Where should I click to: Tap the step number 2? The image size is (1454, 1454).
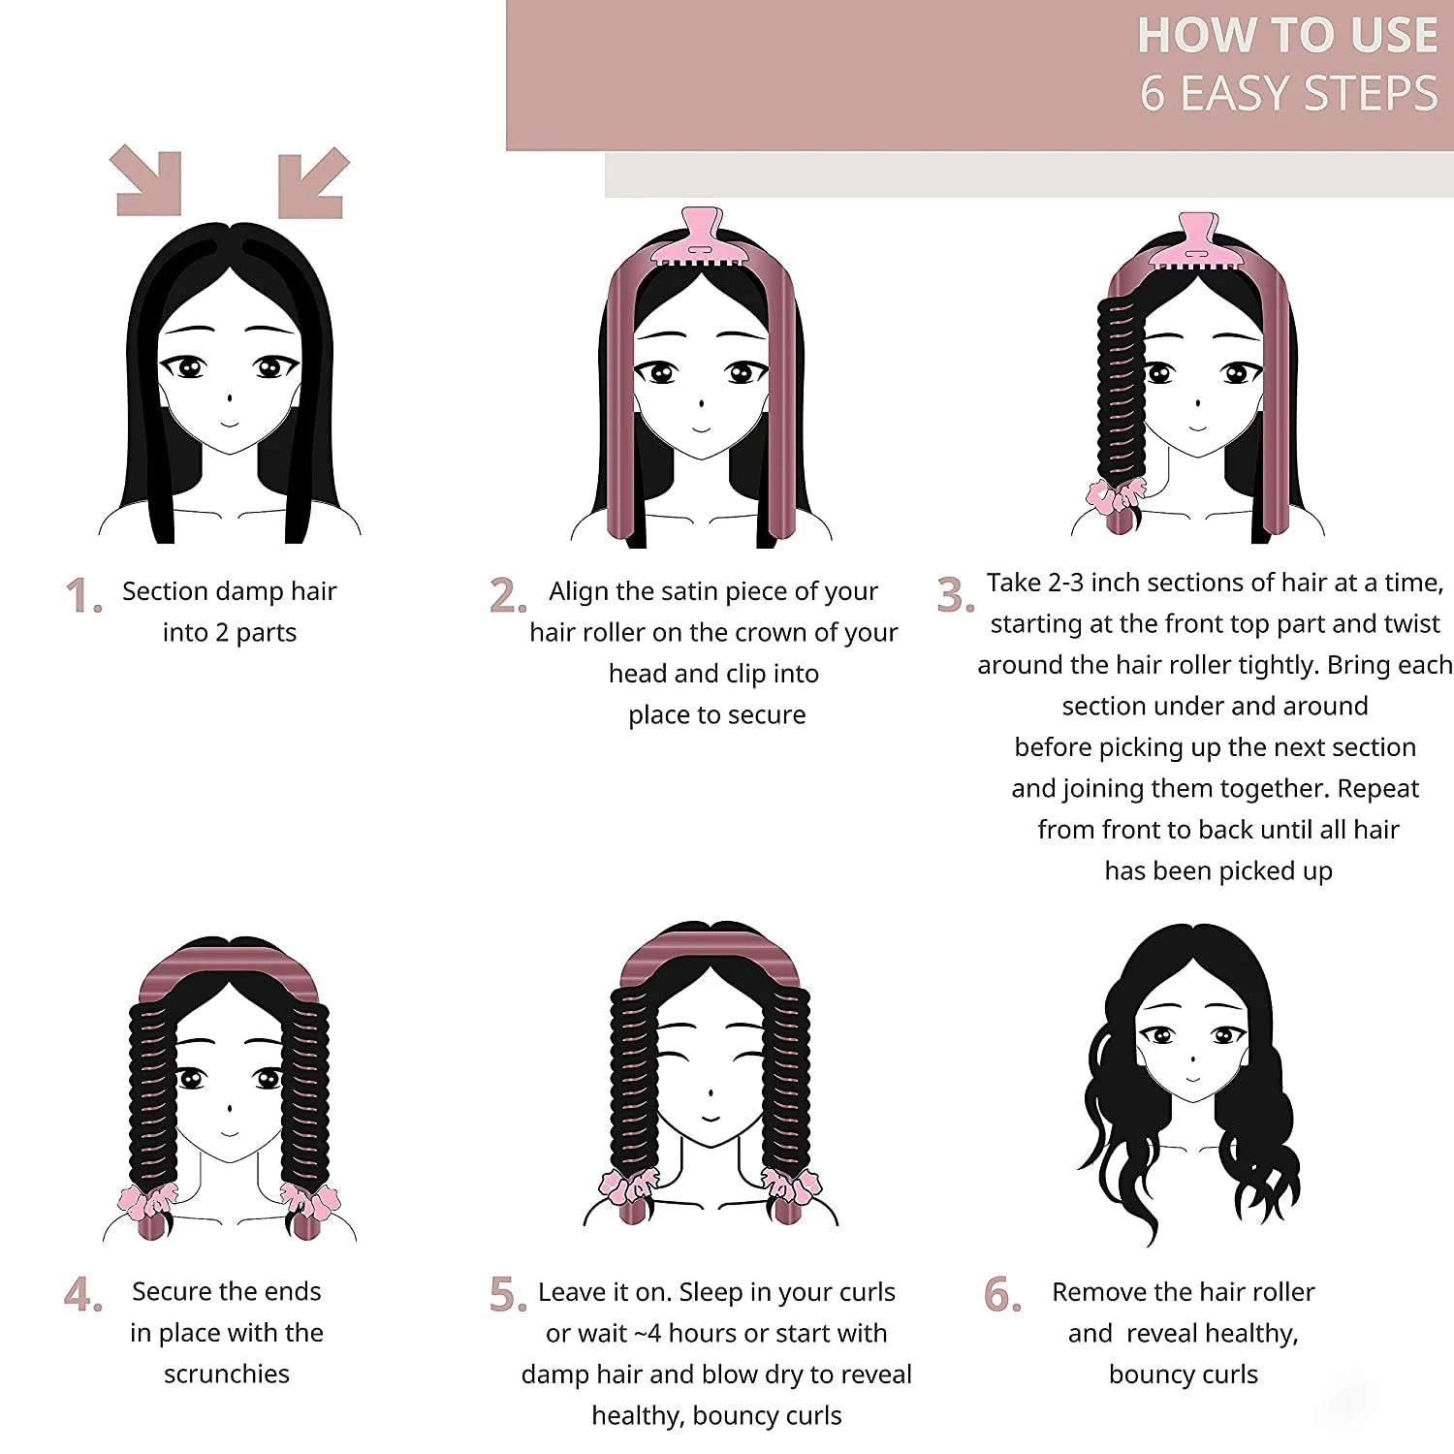click(506, 595)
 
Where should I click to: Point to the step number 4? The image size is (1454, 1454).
click(81, 1294)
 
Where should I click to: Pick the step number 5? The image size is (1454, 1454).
click(506, 1294)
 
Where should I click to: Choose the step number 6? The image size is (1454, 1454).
click(1001, 1294)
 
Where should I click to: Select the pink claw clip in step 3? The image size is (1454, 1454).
click(1197, 242)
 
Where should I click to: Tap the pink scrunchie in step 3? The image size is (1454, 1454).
click(1115, 495)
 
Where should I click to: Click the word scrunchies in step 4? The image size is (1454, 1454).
click(226, 1375)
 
